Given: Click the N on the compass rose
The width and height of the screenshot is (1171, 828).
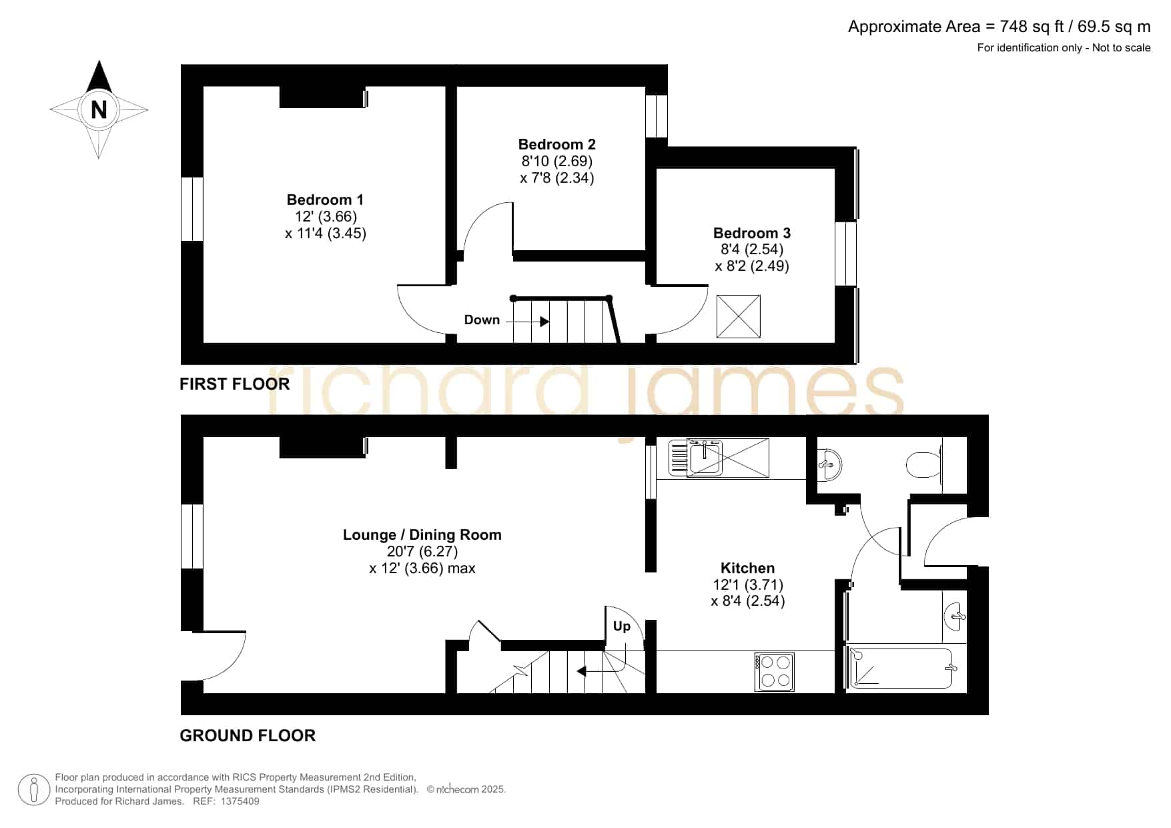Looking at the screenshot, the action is click(99, 109).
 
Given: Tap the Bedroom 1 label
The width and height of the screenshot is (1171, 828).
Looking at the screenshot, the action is click(325, 199).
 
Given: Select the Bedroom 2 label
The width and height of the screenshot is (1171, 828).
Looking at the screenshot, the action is click(556, 144).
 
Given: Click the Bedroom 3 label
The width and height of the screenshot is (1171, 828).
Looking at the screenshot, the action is click(752, 233).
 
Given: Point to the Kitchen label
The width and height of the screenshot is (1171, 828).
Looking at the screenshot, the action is click(747, 568).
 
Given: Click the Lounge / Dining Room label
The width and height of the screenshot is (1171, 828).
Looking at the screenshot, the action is click(422, 534).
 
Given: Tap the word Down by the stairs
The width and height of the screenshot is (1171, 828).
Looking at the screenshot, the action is click(482, 320).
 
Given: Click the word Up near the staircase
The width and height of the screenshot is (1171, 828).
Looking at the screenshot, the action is click(621, 626).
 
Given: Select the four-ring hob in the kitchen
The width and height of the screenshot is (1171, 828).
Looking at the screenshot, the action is click(775, 672).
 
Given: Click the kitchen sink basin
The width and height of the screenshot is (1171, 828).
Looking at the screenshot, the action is click(704, 458).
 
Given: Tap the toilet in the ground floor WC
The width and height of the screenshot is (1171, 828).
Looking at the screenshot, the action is click(923, 464).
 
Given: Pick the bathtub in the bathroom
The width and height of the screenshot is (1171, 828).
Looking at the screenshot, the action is click(900, 669).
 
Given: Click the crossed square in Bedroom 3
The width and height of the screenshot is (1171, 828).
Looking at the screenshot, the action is click(738, 316).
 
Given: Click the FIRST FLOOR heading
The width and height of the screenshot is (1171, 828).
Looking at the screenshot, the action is click(235, 384).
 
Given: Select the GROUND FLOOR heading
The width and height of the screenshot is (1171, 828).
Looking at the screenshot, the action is click(248, 735).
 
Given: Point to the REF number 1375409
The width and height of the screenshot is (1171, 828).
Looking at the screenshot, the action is click(240, 801).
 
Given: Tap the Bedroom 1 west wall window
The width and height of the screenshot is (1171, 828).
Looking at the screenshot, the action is click(192, 209).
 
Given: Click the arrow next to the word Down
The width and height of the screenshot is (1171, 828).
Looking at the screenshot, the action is click(528, 322).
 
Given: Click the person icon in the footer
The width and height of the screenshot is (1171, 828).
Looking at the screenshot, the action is click(33, 790).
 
